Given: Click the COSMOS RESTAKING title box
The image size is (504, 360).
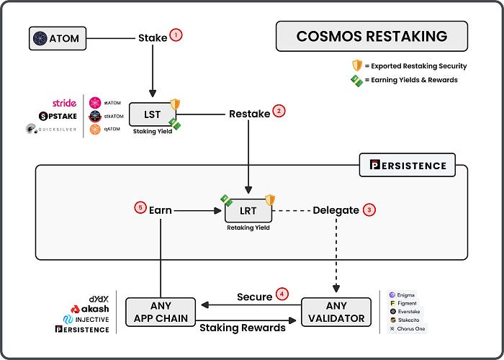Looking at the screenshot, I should coord(372,36).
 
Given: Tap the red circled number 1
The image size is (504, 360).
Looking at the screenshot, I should coord(176,36).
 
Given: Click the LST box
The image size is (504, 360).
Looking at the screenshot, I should coord(153,114).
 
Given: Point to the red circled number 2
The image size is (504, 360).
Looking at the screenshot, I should coord(279,112).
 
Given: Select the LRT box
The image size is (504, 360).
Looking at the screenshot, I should coord(248,210).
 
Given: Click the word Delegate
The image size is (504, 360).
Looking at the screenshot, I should coord(336,210).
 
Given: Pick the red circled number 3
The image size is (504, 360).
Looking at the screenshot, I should coord(369,210).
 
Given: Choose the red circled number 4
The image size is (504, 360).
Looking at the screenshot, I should coord(282,294).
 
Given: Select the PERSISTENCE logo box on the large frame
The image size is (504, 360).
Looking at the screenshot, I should coord(407,166).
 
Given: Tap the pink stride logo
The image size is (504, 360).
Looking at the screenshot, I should coord(65,104).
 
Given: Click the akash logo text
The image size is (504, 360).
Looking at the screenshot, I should coord(90,308).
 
